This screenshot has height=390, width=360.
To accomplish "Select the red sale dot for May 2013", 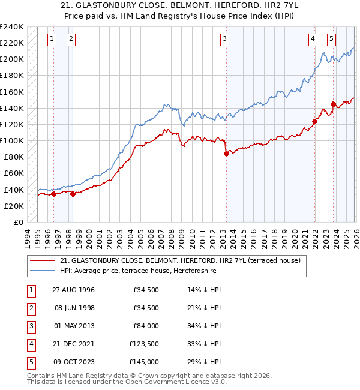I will point(226,154).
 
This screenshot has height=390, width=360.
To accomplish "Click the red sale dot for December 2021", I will point(314,121).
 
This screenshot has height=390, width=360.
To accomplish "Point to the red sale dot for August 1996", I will point(53,194).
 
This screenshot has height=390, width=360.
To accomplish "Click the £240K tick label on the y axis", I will point(12,27).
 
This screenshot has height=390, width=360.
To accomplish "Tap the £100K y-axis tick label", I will point(12,140).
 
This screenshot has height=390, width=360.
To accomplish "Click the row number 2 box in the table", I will point(31,308).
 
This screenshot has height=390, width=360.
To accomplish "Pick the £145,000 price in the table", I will point(144,362).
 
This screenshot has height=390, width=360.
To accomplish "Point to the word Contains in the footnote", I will point(42,376).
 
